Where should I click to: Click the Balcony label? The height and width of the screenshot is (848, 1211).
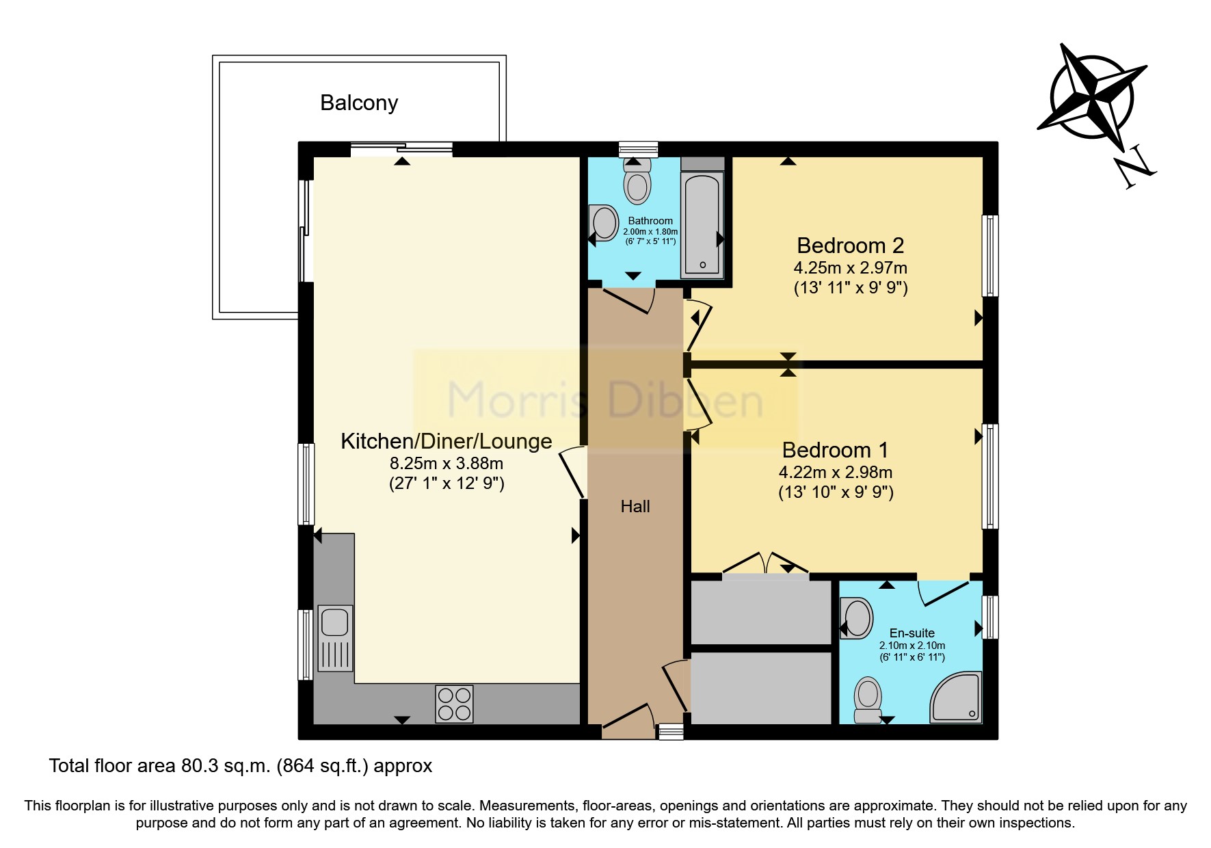coord(359,103)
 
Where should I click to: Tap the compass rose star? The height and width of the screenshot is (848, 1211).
coord(1093,96)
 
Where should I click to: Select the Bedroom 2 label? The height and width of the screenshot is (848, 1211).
coord(850,246)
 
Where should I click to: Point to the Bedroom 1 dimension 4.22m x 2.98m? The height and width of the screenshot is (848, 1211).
coord(835,472)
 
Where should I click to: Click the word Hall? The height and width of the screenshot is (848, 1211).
coord(635,506)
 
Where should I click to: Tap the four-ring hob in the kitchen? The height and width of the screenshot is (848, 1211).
coord(454,704)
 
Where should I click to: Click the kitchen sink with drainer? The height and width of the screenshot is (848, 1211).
coord(335,637)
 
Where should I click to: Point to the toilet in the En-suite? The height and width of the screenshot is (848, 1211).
coord(868,700)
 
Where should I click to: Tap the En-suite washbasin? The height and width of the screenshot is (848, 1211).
coord(856,618)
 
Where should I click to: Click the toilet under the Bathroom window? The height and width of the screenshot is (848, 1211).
coord(637,183)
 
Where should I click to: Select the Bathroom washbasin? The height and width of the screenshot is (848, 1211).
coord(604,223)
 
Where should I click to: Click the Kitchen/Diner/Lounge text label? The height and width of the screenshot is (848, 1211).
coord(446,441)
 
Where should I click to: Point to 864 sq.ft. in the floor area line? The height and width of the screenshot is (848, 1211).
coord(322,766)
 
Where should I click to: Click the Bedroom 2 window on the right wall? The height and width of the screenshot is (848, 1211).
coord(989,255)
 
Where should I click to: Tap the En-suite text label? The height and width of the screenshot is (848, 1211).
coord(911,633)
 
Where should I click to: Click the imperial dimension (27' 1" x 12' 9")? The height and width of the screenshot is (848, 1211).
coord(447,483)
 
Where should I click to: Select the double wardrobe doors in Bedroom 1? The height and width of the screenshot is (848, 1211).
coord(766,564)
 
